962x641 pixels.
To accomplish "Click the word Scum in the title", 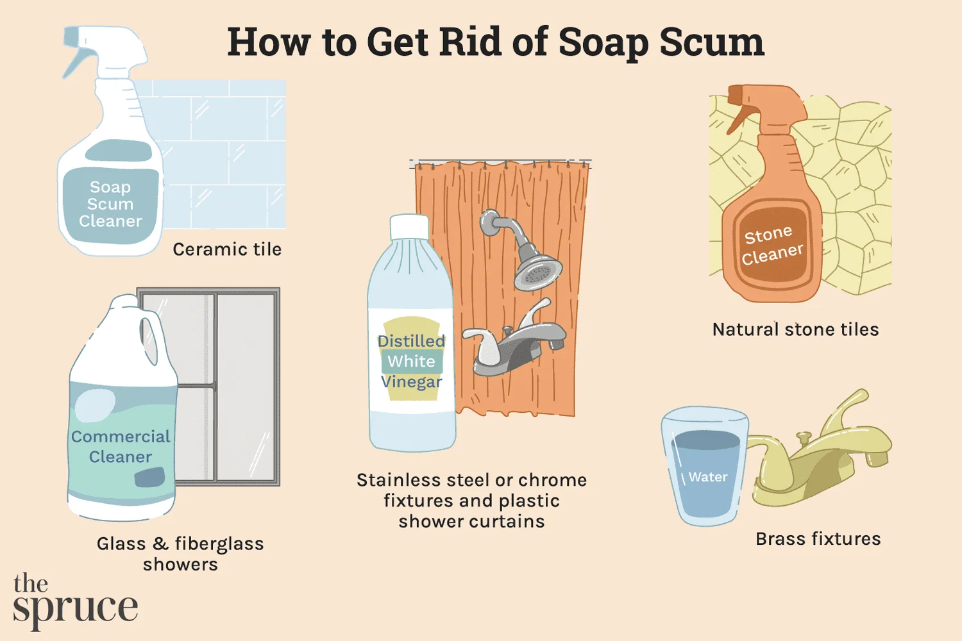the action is pos(712,42).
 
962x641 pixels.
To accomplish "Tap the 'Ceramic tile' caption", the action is pos(227,249).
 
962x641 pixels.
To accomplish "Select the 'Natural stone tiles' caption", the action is pos(796,329).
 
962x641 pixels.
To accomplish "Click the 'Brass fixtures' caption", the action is pos(818,539).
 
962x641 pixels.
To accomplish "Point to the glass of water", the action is pos(705,466).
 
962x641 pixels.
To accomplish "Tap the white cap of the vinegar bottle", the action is pos(409,227).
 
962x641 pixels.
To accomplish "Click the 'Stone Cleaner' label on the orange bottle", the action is pos(773,246).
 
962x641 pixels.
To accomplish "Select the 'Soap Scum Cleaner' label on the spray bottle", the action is pos(110,204).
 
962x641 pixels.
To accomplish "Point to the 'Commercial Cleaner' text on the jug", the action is pos(121,447).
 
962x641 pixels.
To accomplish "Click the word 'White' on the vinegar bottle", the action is pos(412,361).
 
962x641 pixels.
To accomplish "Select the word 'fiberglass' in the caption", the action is pos(219,544).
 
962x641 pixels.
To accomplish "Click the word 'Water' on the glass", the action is pos(708,476).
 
